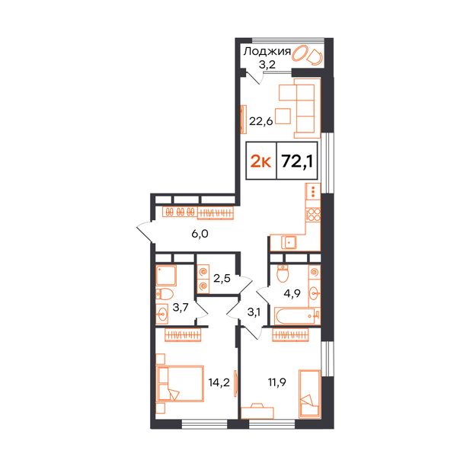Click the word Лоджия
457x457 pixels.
tap(267, 52)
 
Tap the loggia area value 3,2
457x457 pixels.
tap(267, 64)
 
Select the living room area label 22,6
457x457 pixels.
tap(260, 120)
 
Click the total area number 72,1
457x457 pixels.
tap(297, 161)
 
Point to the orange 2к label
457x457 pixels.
tap(260, 161)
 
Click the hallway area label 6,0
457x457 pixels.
tap(200, 234)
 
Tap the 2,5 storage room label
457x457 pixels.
tap(222, 278)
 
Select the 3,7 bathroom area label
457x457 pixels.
tap(181, 307)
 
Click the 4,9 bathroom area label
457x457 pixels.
tap(292, 293)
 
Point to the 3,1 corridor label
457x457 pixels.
tap(254, 312)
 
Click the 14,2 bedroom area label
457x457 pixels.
tap(219, 382)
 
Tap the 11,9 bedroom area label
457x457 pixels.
tap(277, 382)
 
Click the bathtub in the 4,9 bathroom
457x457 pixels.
tap(297, 316)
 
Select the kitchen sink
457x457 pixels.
tap(289, 242)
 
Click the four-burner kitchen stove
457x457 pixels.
tap(314, 215)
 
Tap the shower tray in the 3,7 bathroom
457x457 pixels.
tap(166, 275)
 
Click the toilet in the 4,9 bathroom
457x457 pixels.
tap(282, 273)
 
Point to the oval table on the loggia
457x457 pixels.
tap(299, 53)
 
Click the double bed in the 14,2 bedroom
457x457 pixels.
tap(180, 384)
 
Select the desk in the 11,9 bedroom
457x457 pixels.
tap(257, 412)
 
